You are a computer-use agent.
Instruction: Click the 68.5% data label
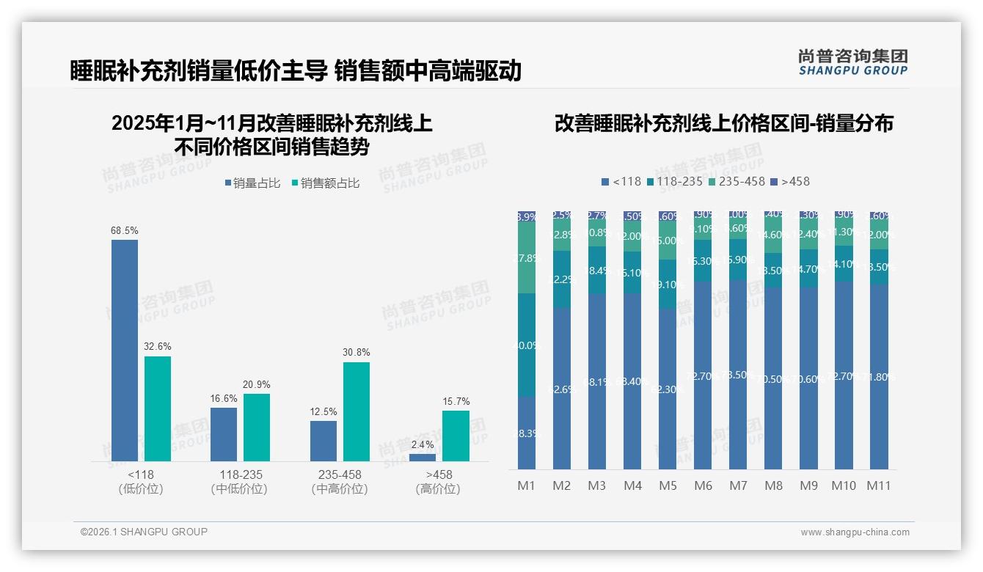(125, 230)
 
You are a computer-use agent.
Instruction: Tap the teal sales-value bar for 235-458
(357, 411)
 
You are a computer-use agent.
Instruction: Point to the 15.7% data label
(456, 401)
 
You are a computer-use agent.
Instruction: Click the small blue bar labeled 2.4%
(423, 458)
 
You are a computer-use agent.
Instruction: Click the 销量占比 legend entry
(252, 183)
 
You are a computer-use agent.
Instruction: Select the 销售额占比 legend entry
(326, 183)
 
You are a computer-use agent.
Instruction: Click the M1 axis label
(527, 485)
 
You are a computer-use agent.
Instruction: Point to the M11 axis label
(878, 485)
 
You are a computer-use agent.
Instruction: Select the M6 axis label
(703, 485)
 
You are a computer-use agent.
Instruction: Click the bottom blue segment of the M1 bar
(527, 433)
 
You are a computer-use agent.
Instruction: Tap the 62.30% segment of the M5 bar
(668, 389)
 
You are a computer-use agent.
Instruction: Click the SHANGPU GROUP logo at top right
(852, 62)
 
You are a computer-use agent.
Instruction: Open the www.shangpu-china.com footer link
(855, 532)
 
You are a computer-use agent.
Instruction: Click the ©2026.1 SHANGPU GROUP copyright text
(144, 532)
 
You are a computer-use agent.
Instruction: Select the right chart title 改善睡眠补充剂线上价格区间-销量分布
(723, 124)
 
